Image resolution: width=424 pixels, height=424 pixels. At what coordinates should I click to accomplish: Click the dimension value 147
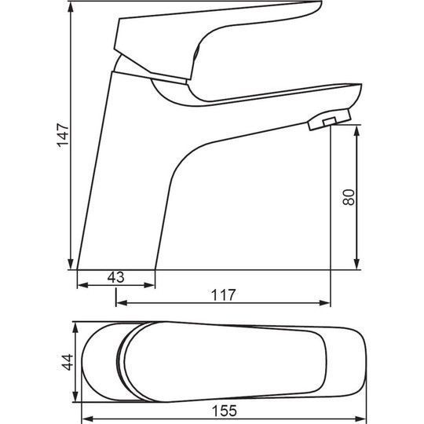pyautogui.click(x=63, y=135)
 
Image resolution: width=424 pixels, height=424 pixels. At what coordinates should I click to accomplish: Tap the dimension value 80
pyautogui.click(x=349, y=197)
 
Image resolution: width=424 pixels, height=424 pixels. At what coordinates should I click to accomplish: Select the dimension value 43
pyautogui.click(x=115, y=277)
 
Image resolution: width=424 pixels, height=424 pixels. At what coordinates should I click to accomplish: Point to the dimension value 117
pyautogui.click(x=223, y=294)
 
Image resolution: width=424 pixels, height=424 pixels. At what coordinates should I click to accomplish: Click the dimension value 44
pyautogui.click(x=68, y=362)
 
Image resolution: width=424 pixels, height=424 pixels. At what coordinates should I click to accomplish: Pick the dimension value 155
pyautogui.click(x=225, y=411)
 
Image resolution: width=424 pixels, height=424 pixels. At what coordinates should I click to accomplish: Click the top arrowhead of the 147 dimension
pyautogui.click(x=71, y=8)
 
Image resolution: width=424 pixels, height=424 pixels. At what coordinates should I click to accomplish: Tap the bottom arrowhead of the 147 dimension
pyautogui.click(x=71, y=264)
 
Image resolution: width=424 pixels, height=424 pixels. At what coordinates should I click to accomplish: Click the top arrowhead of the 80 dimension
pyautogui.click(x=357, y=131)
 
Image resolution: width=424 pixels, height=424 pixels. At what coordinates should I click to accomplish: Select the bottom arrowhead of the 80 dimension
pyautogui.click(x=357, y=264)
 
